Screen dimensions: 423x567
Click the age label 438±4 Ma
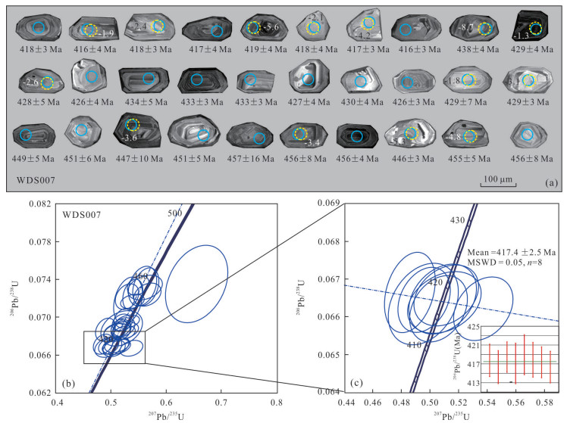pos(478,50)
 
